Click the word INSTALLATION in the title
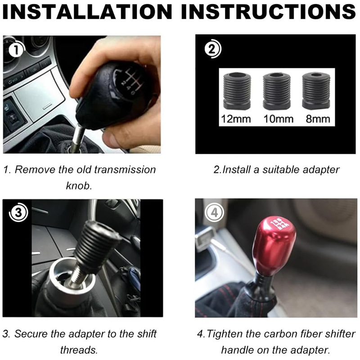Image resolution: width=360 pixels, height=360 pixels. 87,12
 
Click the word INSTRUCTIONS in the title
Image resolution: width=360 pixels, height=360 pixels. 269,12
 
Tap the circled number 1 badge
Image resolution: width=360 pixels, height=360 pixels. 17,49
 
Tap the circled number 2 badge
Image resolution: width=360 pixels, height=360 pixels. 213,49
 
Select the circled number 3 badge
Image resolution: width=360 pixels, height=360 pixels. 18,212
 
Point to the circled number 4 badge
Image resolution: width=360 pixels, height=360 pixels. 215,213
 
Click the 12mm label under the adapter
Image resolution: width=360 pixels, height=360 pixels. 236,119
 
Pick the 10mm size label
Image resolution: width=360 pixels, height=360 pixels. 278,119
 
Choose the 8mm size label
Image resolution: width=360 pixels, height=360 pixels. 318,119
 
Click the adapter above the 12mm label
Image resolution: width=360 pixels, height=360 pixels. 237,91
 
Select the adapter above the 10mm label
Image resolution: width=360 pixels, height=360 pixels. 277,91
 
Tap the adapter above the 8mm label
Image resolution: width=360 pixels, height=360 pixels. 316,91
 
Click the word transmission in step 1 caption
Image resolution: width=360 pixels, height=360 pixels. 125,170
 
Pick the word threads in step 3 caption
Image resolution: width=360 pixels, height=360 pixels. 79,350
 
